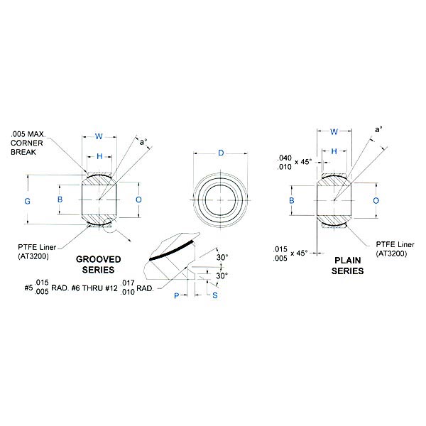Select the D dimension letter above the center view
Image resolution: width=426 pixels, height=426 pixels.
[221, 154]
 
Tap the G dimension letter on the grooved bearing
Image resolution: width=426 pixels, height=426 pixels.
[28, 201]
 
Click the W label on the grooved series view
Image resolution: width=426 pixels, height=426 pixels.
[99, 137]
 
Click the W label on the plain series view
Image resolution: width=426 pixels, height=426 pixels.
[332, 131]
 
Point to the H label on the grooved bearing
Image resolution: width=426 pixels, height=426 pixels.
[99, 156]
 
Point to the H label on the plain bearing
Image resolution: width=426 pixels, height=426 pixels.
[332, 151]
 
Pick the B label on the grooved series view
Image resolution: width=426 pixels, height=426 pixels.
[60, 200]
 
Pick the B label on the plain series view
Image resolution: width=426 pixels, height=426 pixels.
[292, 202]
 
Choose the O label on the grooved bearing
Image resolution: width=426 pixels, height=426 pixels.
[138, 200]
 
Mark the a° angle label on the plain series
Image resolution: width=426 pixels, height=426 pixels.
[378, 130]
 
